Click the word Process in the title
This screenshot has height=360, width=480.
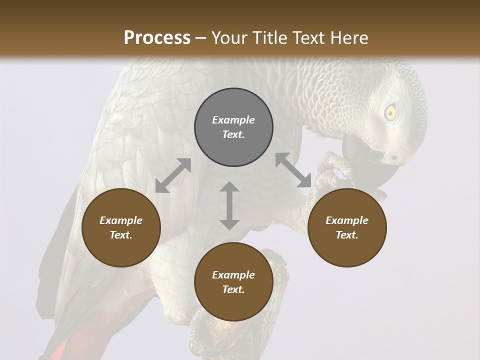point(157,38)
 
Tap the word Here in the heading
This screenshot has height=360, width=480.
point(349,38)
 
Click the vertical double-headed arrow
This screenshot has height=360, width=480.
point(229,205)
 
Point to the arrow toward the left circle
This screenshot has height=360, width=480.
point(173,175)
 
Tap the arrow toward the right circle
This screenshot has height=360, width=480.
point(293,170)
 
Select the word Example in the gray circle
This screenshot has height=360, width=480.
point(233,120)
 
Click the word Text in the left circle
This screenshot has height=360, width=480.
point(120,235)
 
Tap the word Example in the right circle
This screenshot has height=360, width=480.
point(347,220)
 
